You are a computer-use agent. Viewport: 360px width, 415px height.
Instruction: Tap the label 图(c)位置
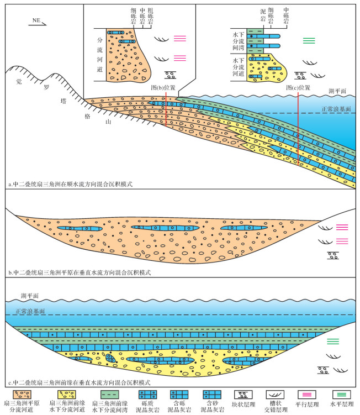[x=299, y=87]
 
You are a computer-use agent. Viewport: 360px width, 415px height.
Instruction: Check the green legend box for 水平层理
[x=342, y=395]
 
